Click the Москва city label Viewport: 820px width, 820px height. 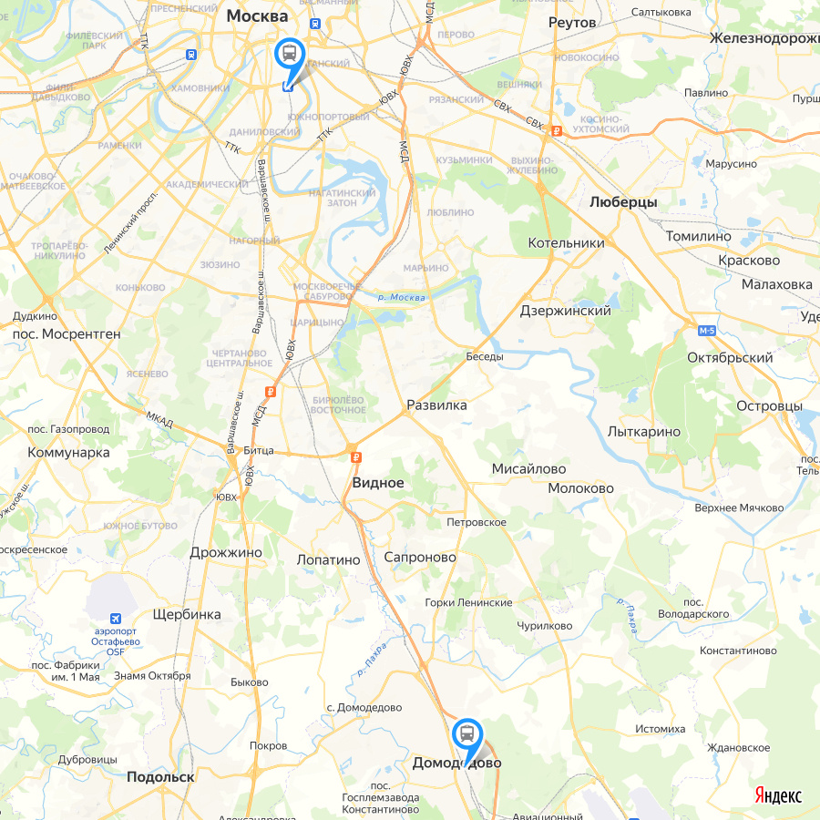click(257, 15)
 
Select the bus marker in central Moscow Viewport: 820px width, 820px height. click(290, 53)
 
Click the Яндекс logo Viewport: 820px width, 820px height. click(778, 795)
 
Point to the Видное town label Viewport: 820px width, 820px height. click(378, 483)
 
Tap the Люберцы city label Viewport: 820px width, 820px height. click(623, 202)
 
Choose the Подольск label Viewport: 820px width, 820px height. click(161, 777)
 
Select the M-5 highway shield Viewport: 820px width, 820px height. click(707, 329)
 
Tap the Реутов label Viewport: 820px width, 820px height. click(572, 22)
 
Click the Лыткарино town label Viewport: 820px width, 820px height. click(643, 431)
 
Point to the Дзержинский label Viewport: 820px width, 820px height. click(565, 311)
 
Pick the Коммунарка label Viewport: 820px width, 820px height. click(68, 452)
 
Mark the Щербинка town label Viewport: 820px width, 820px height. click(188, 614)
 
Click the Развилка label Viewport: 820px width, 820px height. click(436, 405)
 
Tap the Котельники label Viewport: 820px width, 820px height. click(566, 243)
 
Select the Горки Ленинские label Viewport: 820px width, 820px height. click(468, 602)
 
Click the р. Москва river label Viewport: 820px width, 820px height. click(401, 297)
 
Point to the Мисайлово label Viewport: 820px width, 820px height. click(528, 469)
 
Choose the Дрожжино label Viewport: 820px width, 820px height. click(226, 552)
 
